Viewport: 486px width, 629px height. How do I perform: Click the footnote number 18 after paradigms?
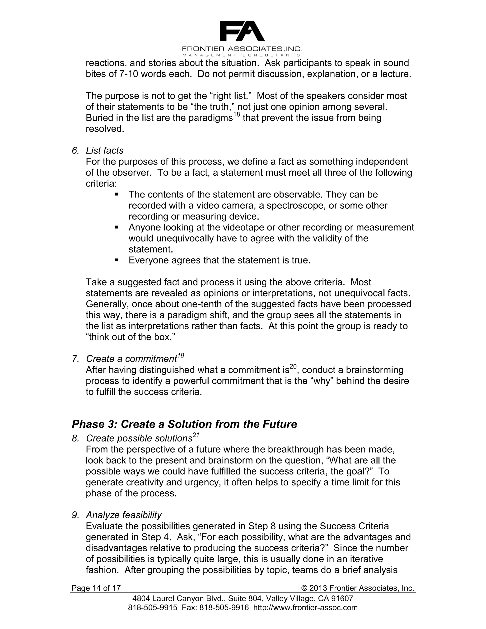236,115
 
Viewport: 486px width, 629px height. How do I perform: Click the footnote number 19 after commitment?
181,356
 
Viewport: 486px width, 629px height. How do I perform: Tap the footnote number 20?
293,367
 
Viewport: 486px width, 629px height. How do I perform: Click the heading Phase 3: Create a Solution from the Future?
184,424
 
